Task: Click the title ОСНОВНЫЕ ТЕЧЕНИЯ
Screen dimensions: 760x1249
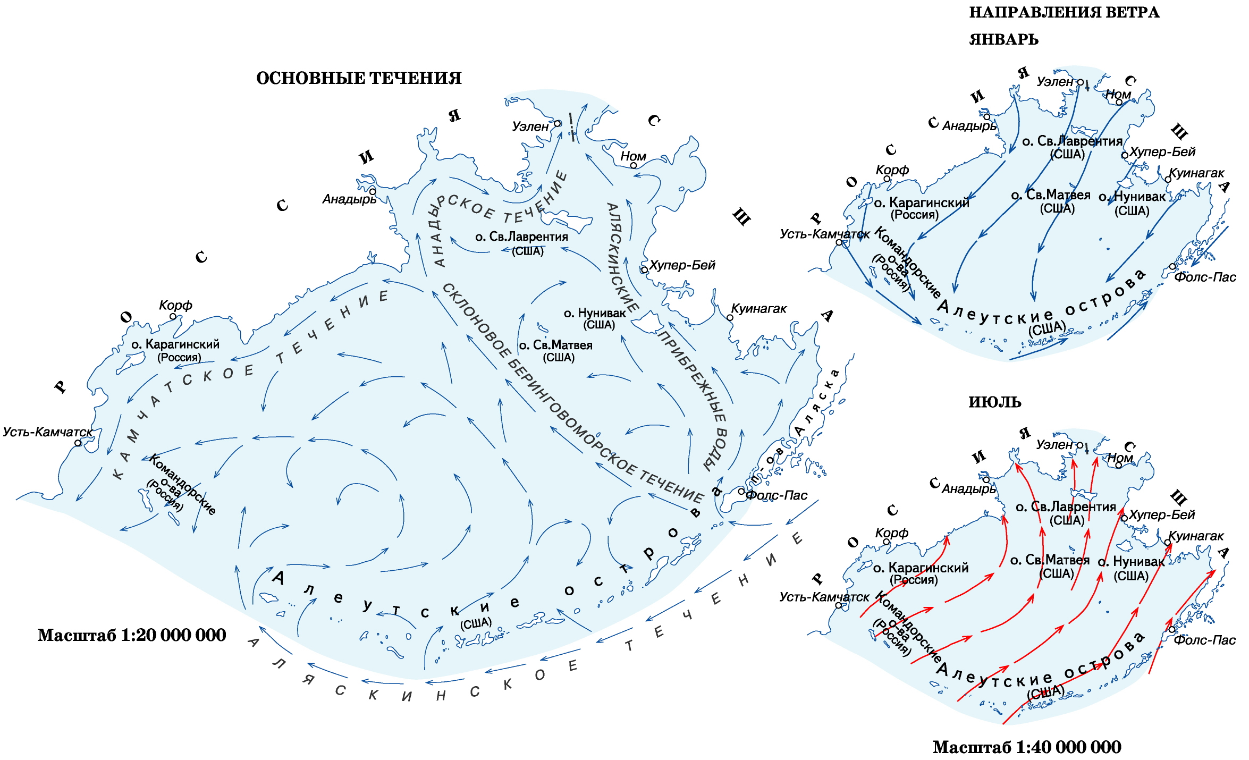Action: tap(359, 79)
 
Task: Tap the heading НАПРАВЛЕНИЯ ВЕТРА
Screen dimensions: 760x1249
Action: tap(1064, 13)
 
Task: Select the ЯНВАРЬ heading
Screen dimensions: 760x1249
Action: tap(1003, 40)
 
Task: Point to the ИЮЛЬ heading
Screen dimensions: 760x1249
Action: tap(994, 402)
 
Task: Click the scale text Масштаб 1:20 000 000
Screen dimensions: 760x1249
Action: tap(132, 635)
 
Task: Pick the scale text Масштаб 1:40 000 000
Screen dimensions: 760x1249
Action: tap(1027, 747)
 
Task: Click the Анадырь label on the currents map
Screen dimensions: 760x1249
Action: tap(349, 199)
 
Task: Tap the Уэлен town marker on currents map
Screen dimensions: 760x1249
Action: tap(558, 123)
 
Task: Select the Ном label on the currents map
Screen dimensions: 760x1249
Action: tap(633, 156)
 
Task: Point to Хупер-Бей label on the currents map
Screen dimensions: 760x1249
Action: tap(682, 265)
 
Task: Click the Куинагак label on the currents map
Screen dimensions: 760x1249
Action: tap(758, 309)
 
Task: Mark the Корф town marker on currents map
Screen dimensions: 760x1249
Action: tap(173, 316)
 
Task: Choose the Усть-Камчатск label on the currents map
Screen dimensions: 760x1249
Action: tap(47, 432)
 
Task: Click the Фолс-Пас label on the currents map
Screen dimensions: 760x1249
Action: tap(777, 495)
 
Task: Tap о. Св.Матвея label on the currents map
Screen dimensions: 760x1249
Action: tap(555, 351)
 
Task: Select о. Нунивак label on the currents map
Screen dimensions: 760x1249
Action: tap(595, 319)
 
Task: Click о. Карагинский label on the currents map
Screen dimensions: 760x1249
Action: tap(175, 350)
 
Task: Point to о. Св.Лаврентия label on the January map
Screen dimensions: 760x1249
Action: tap(1072, 147)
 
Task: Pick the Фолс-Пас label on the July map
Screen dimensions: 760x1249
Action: tap(1204, 640)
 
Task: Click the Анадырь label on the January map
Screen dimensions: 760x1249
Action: tap(969, 126)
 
